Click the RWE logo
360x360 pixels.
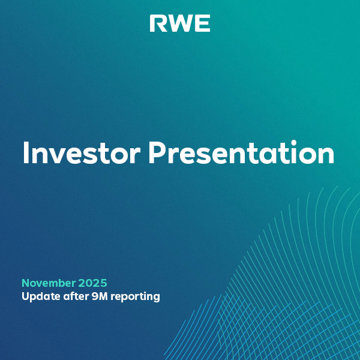coord(180,23)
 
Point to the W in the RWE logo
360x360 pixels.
coord(179,23)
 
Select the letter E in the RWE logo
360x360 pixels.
coord(203,23)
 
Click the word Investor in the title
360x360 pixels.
coord(81,153)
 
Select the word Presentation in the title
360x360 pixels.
coord(241,153)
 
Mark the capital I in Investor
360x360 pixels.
coord(25,153)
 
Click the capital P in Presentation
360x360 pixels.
coord(157,153)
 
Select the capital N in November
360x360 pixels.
coord(26,283)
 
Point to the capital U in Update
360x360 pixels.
coord(25,296)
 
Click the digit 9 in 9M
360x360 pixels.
coord(93,296)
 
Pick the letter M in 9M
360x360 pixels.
coord(103,296)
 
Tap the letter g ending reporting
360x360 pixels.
coord(156,298)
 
